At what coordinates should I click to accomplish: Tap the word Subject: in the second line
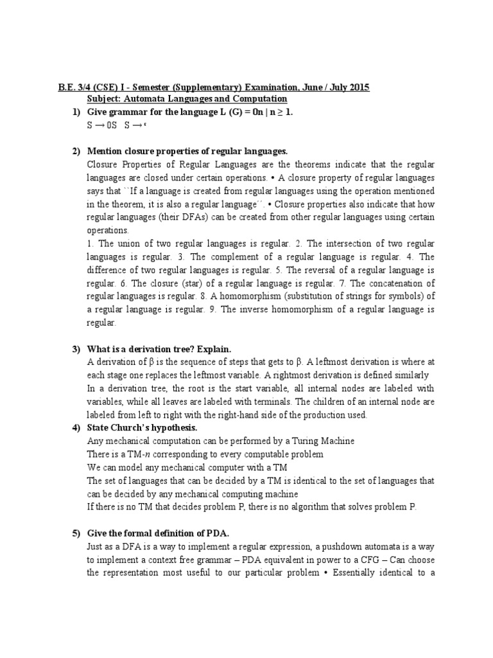[x=105, y=99]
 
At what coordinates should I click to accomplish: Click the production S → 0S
[x=102, y=126]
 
